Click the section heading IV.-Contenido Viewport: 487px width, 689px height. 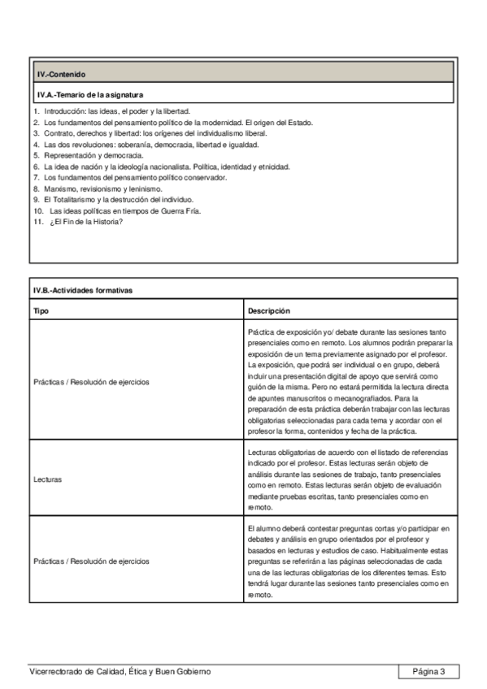click(61, 74)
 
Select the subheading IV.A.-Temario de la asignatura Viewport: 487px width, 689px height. click(90, 94)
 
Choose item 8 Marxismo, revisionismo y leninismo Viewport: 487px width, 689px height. click(102, 188)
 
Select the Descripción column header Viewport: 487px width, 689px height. click(269, 310)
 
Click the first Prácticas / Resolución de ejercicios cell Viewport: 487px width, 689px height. click(91, 382)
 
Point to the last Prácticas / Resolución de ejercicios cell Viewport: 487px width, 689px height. click(91, 561)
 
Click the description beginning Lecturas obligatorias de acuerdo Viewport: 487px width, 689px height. click(350, 479)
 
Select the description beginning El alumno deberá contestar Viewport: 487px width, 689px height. click(350, 561)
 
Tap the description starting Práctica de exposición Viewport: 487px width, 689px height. click(350, 382)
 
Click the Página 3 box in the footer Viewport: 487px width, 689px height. click(428, 671)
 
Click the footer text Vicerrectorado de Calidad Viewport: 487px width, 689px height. click(120, 671)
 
